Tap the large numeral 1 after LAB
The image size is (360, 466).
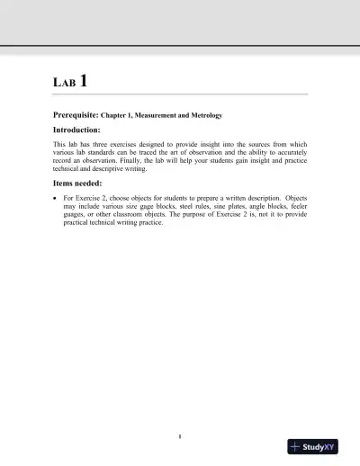[x=84, y=81]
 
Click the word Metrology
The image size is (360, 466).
[x=202, y=116]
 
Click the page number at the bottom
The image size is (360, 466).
[x=180, y=438]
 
